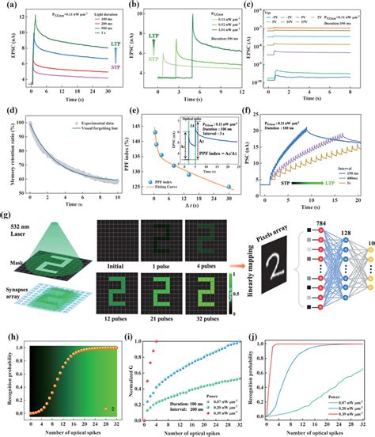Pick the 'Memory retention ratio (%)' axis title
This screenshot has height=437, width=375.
point(8,152)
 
